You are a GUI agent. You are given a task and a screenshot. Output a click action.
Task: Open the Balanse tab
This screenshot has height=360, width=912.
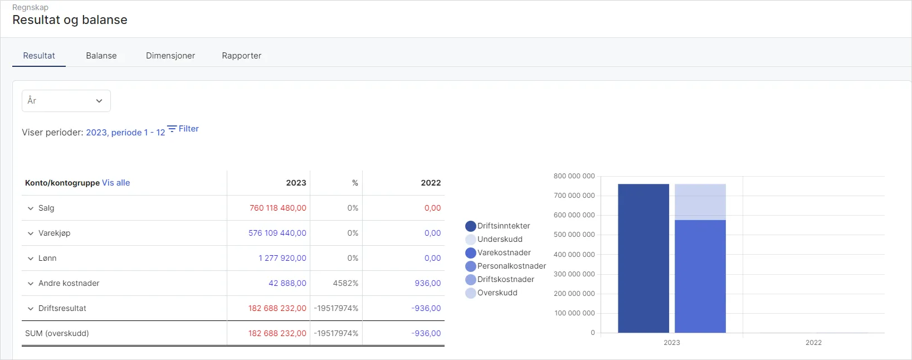(x=101, y=56)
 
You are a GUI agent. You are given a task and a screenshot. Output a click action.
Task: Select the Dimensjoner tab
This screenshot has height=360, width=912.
(x=170, y=56)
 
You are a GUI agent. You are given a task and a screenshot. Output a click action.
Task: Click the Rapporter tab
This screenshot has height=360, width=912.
(x=241, y=56)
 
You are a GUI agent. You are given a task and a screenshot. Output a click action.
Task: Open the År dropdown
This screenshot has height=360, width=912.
(x=66, y=101)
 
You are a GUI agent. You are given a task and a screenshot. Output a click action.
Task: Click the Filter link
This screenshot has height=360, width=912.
(x=183, y=129)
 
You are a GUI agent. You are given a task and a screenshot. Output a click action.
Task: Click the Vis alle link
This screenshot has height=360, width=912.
(x=116, y=183)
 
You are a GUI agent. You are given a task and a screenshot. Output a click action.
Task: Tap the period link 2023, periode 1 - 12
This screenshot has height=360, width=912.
(x=125, y=133)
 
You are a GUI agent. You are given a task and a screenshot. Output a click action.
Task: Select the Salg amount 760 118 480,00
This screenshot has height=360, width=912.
(x=277, y=208)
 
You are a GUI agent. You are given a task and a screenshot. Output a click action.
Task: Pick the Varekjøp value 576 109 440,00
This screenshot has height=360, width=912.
(x=277, y=233)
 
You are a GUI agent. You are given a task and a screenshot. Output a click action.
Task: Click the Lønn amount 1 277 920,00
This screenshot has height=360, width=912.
(x=282, y=258)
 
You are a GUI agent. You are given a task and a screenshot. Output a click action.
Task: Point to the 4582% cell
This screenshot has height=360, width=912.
(x=345, y=283)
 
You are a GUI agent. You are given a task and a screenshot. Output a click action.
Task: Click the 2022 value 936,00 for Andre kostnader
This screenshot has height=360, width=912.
(x=427, y=283)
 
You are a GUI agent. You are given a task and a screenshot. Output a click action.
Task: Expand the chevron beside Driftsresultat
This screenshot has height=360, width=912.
(x=31, y=309)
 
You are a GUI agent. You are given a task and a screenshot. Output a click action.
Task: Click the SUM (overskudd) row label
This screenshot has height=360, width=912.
(x=57, y=333)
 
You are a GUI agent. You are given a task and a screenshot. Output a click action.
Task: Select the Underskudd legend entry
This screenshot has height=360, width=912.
(x=499, y=239)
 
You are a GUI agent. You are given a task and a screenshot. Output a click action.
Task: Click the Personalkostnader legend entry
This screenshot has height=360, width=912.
(x=511, y=266)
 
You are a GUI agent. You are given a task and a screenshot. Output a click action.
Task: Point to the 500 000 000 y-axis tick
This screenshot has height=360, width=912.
(x=574, y=235)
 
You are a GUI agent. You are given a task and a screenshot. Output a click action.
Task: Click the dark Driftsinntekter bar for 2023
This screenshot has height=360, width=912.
(x=643, y=259)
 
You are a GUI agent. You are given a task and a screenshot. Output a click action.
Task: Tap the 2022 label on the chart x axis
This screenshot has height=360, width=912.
(x=813, y=343)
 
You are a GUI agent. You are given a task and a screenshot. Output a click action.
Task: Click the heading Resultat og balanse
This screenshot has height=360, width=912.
(x=70, y=20)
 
